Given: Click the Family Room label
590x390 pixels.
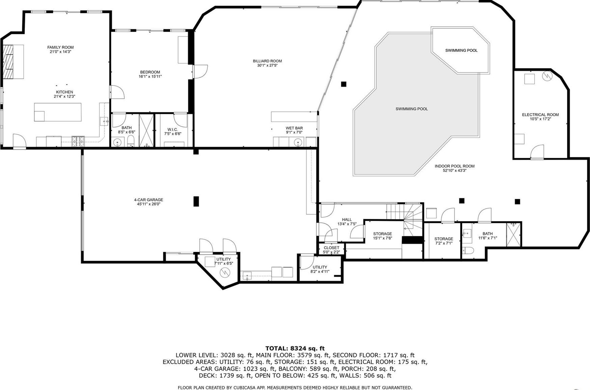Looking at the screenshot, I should tap(60, 47).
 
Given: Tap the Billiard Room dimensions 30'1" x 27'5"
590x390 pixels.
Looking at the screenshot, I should tap(267, 65).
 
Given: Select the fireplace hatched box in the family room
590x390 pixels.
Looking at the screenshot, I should tap(8, 62).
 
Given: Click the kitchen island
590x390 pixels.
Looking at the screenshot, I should tap(58, 112).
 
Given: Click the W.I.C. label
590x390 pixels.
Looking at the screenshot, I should tap(172, 130).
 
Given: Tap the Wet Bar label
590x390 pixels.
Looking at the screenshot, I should tap(294, 128).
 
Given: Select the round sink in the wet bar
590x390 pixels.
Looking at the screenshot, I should tap(298, 143).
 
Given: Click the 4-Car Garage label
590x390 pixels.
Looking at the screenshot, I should tap(148, 200).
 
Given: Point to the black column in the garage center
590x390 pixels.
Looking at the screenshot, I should tap(196, 201).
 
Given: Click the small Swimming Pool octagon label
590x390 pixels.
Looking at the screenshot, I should tap(461, 50).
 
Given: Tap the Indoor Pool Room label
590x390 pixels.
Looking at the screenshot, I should tap(454, 166).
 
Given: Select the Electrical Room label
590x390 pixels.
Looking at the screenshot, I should tap(540, 115).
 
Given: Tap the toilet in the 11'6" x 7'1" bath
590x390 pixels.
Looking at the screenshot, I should tap(468, 250).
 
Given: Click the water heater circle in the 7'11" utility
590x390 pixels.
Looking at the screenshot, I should tap(225, 273).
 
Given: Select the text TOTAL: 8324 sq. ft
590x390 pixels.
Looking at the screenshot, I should tap(295, 348).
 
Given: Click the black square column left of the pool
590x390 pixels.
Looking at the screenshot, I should tap(344, 84).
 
